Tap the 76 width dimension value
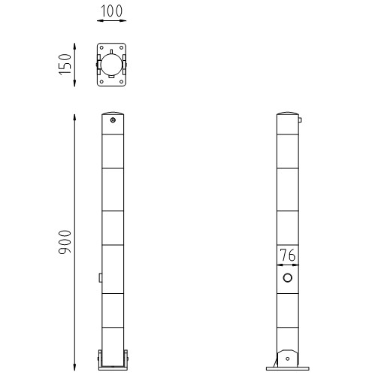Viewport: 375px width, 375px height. [x=287, y=256]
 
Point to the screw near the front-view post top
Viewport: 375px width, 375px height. [x=112, y=119]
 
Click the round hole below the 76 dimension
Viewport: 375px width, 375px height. [x=287, y=279]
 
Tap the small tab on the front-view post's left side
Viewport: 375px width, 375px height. [x=99, y=278]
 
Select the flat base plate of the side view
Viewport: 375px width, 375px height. [x=286, y=367]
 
